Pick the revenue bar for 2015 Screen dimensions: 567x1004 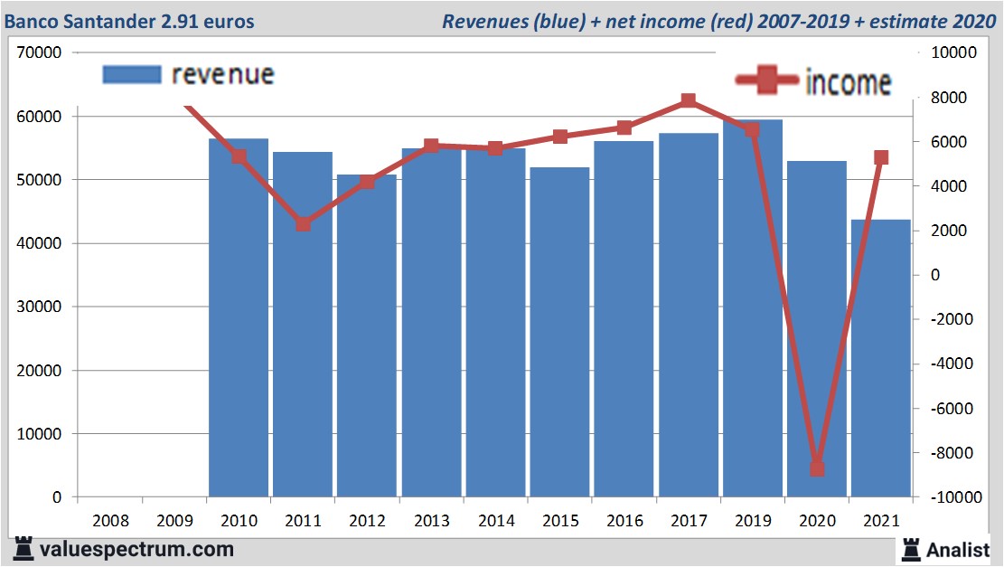(x=559, y=335)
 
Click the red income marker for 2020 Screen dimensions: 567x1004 (x=817, y=468)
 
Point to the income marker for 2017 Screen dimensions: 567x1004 (x=689, y=100)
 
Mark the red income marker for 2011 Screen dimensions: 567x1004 (x=303, y=223)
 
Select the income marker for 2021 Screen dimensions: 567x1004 (x=881, y=157)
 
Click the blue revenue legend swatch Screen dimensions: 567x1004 (x=131, y=74)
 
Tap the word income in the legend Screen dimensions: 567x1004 (x=848, y=82)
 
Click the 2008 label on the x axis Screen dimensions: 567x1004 (x=110, y=521)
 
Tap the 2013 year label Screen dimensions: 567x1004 (x=431, y=521)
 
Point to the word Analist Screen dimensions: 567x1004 (x=960, y=549)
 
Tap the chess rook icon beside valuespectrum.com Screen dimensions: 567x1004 (x=24, y=549)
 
